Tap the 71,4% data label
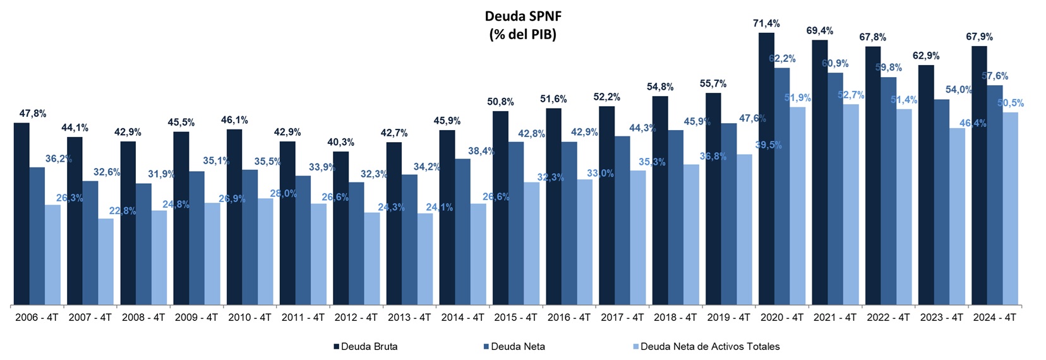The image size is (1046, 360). [x=766, y=23]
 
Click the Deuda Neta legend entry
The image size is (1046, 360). [x=517, y=346]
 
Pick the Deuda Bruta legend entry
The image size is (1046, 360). [x=369, y=346]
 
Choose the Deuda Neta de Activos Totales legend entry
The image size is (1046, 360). [x=709, y=346]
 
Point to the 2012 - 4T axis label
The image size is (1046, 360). [x=356, y=318]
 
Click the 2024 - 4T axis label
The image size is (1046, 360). [x=994, y=318]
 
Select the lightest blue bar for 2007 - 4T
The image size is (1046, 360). [x=106, y=261]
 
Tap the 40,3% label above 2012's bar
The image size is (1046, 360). [x=340, y=142]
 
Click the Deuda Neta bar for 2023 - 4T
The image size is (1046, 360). [x=941, y=202]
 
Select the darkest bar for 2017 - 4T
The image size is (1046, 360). [x=606, y=206]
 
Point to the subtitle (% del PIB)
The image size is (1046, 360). [x=522, y=35]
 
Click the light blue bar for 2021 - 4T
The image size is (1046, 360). [x=851, y=205]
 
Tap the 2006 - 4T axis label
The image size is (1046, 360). [x=37, y=318]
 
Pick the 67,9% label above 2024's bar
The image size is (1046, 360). [x=979, y=37]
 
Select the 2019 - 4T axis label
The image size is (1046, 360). [x=728, y=318]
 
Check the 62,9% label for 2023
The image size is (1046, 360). [x=926, y=56]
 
